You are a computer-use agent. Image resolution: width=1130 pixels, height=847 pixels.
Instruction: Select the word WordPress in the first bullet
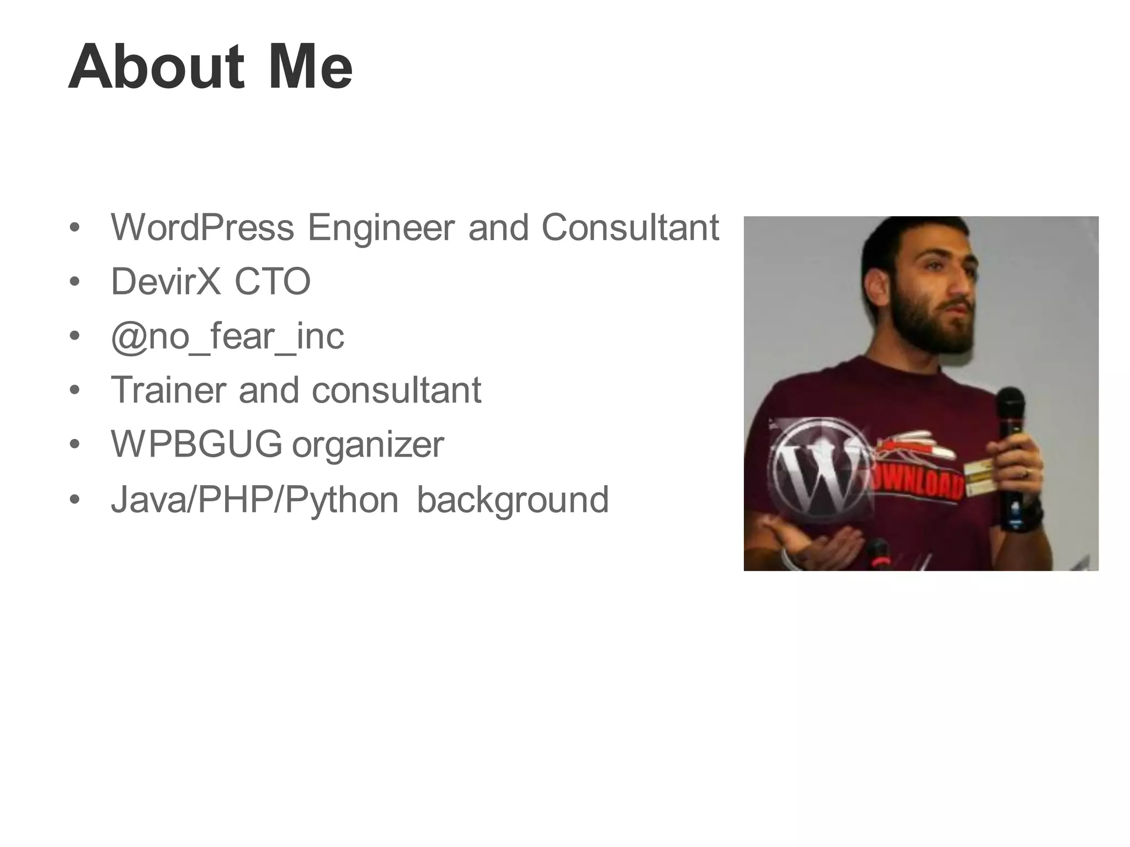(x=202, y=227)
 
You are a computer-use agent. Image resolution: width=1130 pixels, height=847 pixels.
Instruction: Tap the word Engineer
(x=381, y=227)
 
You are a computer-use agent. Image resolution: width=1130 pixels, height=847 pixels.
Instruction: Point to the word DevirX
(x=166, y=281)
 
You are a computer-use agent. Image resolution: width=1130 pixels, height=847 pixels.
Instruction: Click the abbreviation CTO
(x=273, y=281)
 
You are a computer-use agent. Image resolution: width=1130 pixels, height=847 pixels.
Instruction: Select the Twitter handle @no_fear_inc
(x=227, y=336)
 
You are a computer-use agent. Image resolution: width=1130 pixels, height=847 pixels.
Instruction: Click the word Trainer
(x=168, y=390)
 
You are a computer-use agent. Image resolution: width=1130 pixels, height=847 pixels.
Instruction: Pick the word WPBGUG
(x=196, y=444)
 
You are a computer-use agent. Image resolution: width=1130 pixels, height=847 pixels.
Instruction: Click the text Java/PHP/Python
(x=254, y=500)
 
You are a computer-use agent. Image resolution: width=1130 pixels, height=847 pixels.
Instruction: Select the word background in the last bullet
(x=513, y=500)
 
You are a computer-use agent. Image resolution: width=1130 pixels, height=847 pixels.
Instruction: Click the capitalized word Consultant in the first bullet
(x=630, y=227)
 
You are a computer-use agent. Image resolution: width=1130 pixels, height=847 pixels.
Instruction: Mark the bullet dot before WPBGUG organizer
(x=75, y=444)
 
